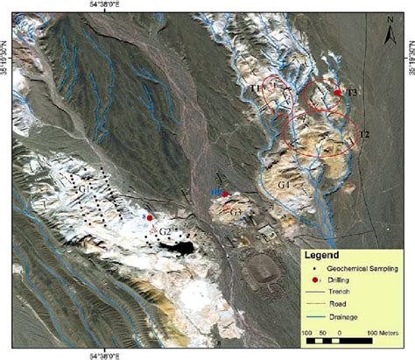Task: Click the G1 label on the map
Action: coord(84,189)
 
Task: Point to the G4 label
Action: coord(284,186)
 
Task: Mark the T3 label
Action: coord(352,92)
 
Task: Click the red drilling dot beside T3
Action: coord(338,92)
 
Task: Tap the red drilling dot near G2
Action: coord(150,218)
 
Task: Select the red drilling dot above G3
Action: coord(225,194)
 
